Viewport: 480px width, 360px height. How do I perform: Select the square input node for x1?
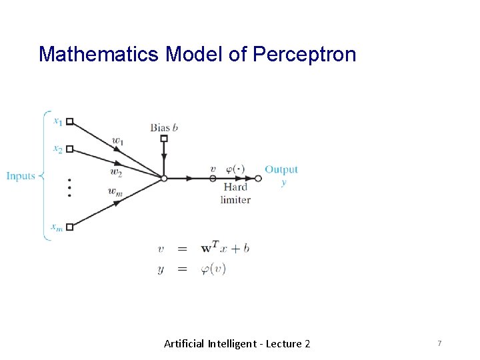[x=69, y=122]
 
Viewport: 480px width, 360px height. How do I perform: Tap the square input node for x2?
[x=69, y=149]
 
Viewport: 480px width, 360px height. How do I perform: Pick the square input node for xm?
[x=69, y=227]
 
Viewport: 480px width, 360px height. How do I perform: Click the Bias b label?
[x=164, y=127]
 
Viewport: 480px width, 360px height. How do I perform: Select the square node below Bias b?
[x=164, y=139]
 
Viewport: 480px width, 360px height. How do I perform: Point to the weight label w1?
[x=118, y=141]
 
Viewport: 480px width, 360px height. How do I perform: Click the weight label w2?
[x=116, y=173]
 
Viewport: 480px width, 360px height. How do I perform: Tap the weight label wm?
[x=115, y=191]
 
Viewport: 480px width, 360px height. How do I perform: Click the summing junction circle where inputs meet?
[x=164, y=178]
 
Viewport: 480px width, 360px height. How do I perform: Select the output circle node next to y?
[x=258, y=178]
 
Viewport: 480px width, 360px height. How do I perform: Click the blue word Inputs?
[x=21, y=176]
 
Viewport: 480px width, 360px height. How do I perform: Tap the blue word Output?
[x=281, y=169]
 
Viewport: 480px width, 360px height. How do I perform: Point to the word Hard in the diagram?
[x=235, y=187]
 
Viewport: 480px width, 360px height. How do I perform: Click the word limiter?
[x=235, y=199]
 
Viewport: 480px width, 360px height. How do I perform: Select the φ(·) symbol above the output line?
[x=237, y=169]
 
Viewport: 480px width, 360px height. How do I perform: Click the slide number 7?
[x=439, y=343]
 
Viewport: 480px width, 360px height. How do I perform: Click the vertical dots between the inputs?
[x=69, y=187]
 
